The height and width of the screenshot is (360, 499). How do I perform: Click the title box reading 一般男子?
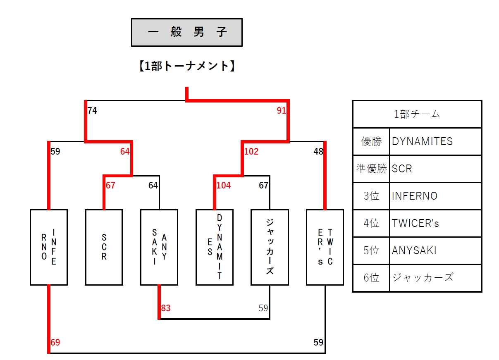tap(187, 32)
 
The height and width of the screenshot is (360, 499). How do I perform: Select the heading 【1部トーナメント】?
tap(187, 66)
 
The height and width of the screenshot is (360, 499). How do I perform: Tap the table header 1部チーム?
tap(417, 114)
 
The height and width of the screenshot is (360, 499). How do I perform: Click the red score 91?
tap(281, 111)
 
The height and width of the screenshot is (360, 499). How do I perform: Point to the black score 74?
tap(92, 111)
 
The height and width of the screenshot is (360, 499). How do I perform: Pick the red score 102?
tap(251, 152)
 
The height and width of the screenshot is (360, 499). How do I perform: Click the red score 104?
tap(224, 186)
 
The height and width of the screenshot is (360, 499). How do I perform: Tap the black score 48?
tap(318, 152)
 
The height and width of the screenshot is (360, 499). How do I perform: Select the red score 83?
tap(166, 308)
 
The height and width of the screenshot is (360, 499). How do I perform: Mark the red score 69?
tap(55, 343)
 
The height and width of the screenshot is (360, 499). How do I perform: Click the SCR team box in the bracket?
tap(104, 247)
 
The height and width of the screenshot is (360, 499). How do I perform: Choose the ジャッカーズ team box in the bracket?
tap(270, 247)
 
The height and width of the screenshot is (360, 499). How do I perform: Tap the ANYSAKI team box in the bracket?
tap(159, 247)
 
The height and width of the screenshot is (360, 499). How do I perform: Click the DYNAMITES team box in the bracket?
tap(215, 247)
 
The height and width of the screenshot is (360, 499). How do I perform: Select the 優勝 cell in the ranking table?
tap(371, 141)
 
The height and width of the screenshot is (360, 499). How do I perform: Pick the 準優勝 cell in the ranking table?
tap(371, 169)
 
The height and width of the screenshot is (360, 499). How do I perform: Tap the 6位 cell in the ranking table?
tap(371, 278)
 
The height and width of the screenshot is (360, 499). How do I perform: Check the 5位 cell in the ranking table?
tap(371, 250)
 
